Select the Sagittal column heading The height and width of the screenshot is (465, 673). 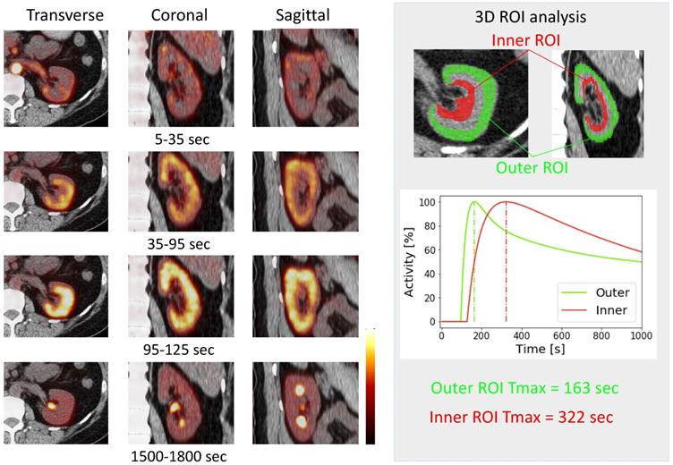pos(284,15)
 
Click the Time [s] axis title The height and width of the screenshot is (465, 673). pos(541,349)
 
